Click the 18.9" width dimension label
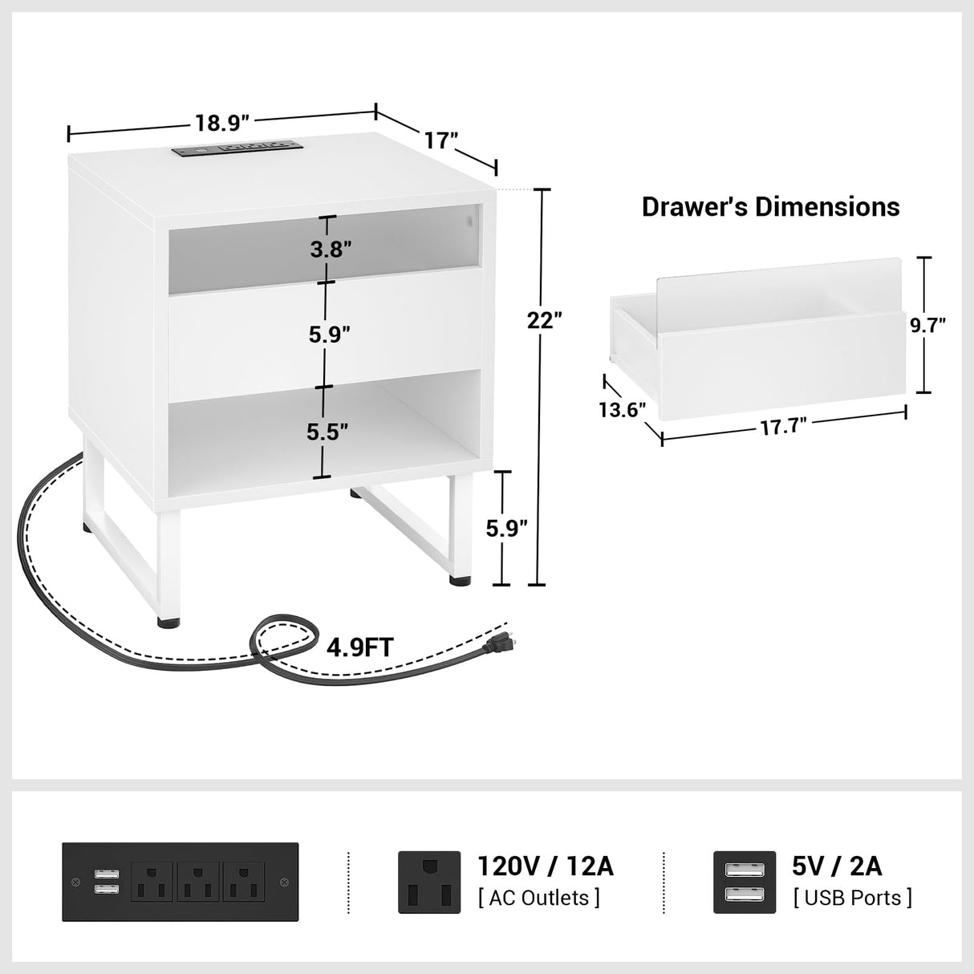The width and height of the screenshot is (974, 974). [222, 123]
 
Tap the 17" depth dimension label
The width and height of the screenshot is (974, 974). [441, 141]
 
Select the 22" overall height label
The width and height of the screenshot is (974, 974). [545, 320]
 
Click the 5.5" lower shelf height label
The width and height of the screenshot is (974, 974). [328, 432]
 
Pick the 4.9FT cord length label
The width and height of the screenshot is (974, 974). [360, 647]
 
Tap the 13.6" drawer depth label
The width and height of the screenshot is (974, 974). [622, 409]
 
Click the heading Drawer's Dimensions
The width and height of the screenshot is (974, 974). [770, 207]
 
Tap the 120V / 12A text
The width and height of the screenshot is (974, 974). [546, 866]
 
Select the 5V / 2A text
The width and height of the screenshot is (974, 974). [838, 866]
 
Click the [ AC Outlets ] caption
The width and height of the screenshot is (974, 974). [538, 897]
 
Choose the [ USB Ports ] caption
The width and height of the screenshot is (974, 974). [852, 897]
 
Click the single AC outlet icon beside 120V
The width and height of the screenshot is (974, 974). [429, 882]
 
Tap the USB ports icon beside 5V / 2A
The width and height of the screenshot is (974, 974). [745, 882]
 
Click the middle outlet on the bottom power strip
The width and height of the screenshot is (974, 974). [197, 882]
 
